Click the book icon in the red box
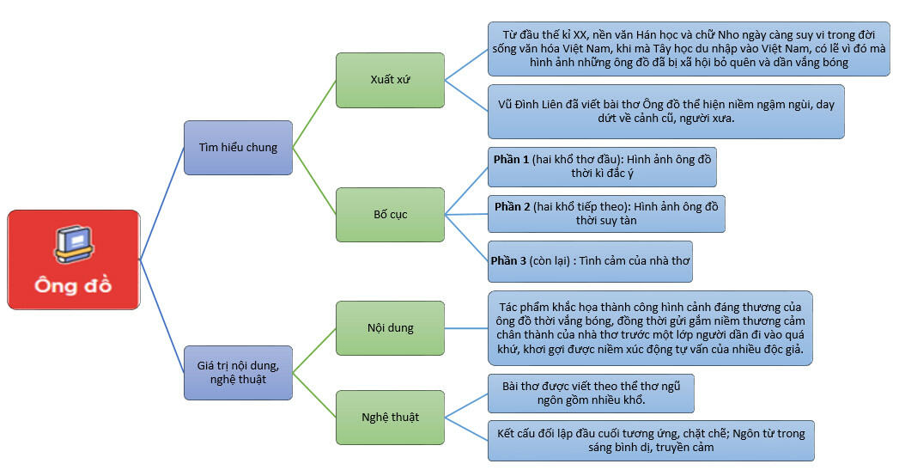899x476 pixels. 74,244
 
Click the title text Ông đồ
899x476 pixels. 73,285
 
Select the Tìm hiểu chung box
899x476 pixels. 238,148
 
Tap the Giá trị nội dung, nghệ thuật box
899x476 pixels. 238,373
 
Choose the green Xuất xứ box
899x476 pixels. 390,80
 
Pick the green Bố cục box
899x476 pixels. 390,215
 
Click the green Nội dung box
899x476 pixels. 390,328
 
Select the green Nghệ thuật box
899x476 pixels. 390,418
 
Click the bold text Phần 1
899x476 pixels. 511,160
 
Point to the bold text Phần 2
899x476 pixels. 512,206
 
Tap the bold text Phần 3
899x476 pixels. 508,261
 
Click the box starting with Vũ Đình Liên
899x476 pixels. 666,112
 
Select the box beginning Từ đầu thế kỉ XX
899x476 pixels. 689,49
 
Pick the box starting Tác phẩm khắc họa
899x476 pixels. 650,328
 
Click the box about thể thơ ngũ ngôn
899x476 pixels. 591,394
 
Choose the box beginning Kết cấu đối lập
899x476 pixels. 651,441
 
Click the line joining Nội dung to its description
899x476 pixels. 466,328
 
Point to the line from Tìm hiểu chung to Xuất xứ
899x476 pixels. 314,113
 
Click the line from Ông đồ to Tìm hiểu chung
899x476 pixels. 162,204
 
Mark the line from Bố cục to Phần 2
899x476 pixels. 466,214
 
